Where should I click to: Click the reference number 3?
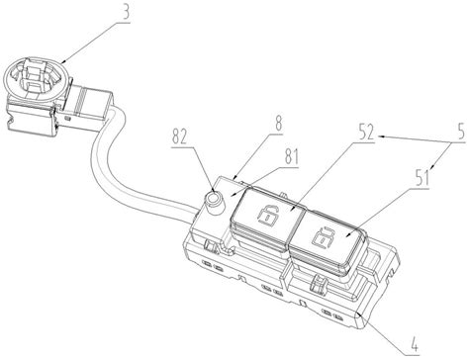tap(125, 12)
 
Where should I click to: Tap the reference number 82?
tap(179, 136)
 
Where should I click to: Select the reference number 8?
tap(279, 124)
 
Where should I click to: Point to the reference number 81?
tap(292, 157)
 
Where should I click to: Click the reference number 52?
tap(365, 133)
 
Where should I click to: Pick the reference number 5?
tap(461, 131)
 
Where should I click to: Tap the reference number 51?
tap(422, 178)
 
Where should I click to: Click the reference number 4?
tap(415, 345)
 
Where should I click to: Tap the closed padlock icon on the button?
tap(324, 236)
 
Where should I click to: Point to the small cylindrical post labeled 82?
tap(215, 202)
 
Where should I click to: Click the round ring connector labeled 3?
tap(38, 78)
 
